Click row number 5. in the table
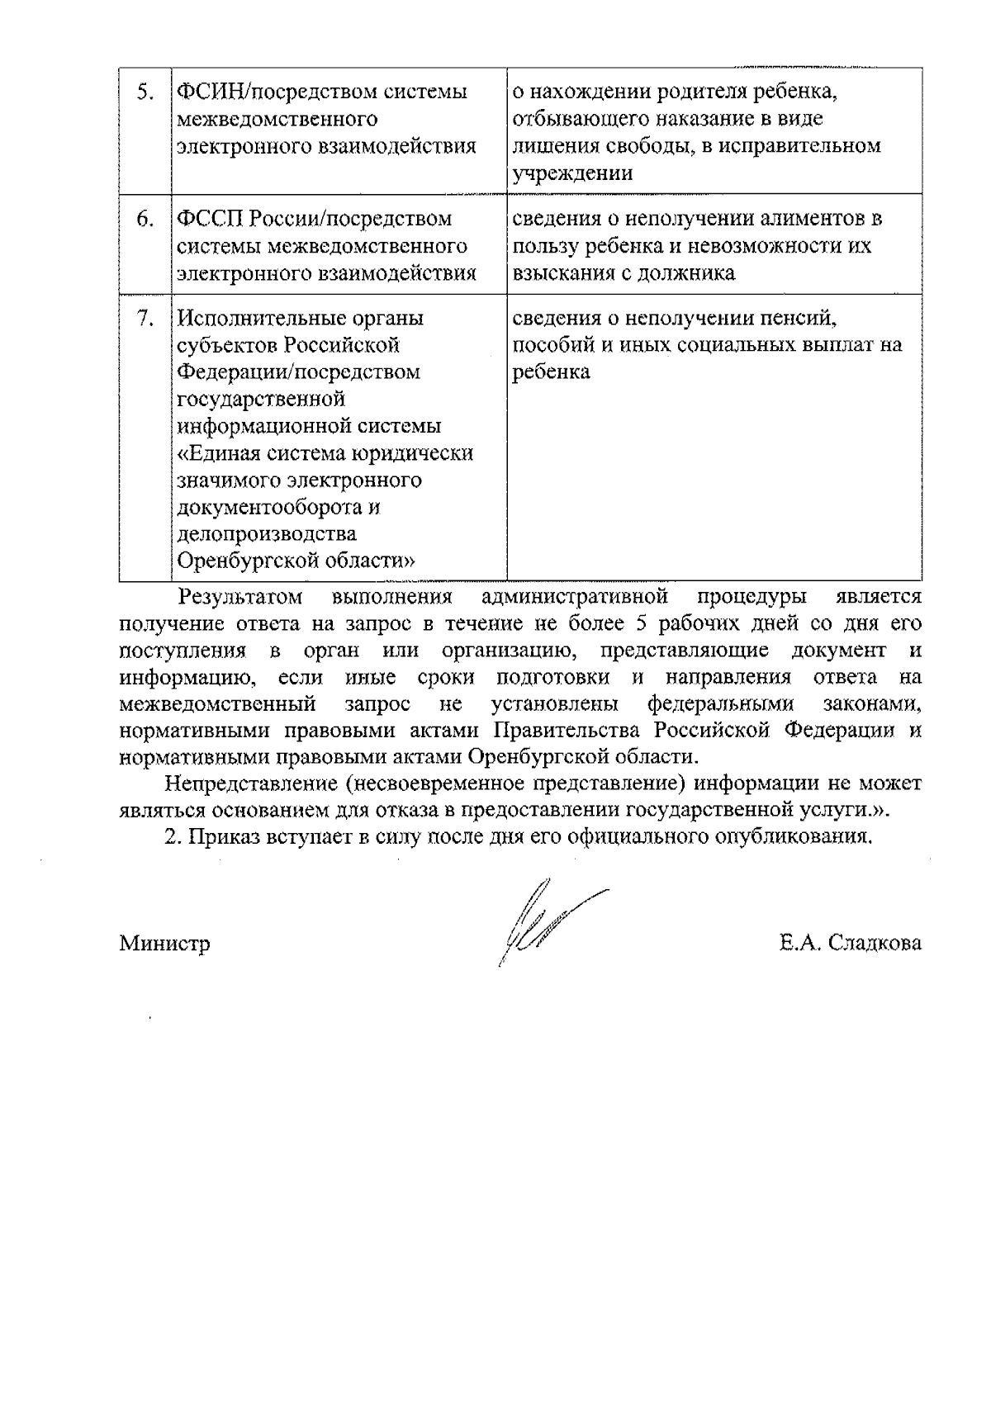[x=145, y=92]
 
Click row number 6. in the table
[x=145, y=219]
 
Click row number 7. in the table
[x=145, y=318]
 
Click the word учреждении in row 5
[x=573, y=173]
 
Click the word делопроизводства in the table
[x=256, y=534]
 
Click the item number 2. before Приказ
[x=172, y=836]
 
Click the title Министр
[x=164, y=943]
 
